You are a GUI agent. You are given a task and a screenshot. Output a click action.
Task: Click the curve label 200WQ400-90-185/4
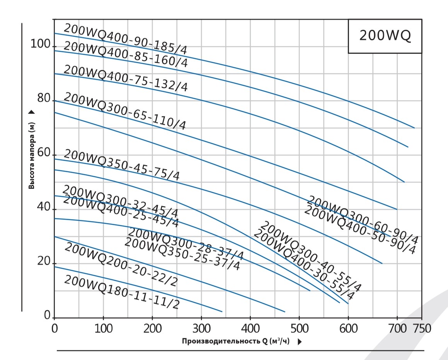coord(125,39)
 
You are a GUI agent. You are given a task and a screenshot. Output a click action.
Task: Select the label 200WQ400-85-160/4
coord(125,55)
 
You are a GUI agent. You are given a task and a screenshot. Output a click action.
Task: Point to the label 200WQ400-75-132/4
coord(125,78)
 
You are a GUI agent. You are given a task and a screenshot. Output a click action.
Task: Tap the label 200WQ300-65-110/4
coord(124,111)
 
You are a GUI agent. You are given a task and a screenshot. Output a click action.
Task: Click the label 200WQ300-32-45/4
coord(120,201)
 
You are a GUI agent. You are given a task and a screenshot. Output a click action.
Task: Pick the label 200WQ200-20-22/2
coord(121,264)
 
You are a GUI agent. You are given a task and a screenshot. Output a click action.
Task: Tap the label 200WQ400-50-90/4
coord(359,230)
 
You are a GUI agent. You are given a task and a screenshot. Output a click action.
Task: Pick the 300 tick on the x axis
coord(201,329)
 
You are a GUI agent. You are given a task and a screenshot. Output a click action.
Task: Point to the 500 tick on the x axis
coord(299,329)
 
